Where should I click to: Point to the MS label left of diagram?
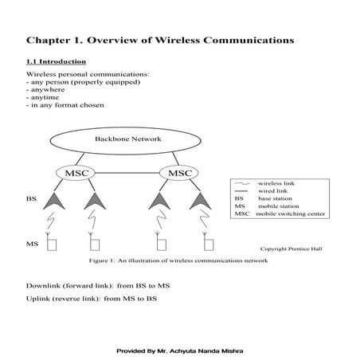click(x=32, y=242)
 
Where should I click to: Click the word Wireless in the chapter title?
click(x=190, y=38)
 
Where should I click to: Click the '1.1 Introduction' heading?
click(x=57, y=61)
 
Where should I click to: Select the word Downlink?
click(x=44, y=286)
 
